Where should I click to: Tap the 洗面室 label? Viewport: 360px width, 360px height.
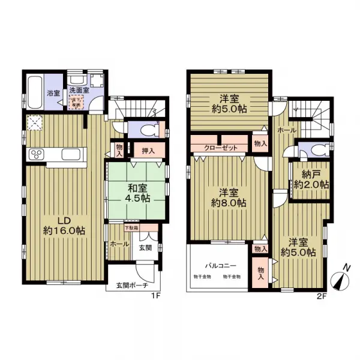click(x=78, y=91)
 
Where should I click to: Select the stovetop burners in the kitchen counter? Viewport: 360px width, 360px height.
click(x=35, y=154)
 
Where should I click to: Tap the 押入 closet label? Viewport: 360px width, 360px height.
click(x=148, y=151)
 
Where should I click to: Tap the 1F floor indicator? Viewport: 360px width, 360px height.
click(x=155, y=295)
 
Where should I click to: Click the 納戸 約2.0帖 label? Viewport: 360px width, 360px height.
click(x=307, y=180)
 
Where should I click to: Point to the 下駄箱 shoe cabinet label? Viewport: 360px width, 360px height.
click(x=131, y=228)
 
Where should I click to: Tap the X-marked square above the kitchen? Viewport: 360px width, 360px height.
click(x=35, y=124)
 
